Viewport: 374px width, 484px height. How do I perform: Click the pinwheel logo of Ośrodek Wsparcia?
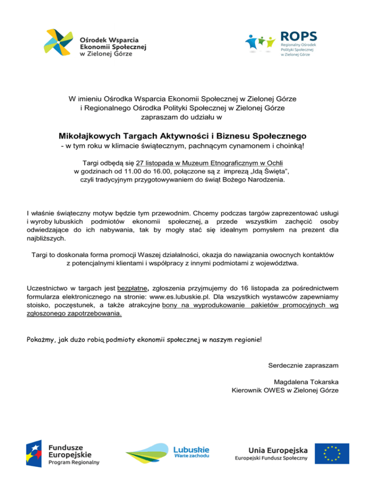(60, 43)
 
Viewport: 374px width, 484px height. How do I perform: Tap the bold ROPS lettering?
(299, 37)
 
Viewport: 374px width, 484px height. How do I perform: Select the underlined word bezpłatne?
(134, 288)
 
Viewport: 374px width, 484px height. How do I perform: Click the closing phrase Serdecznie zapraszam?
(303, 365)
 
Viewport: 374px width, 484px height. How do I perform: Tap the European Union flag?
(331, 453)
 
